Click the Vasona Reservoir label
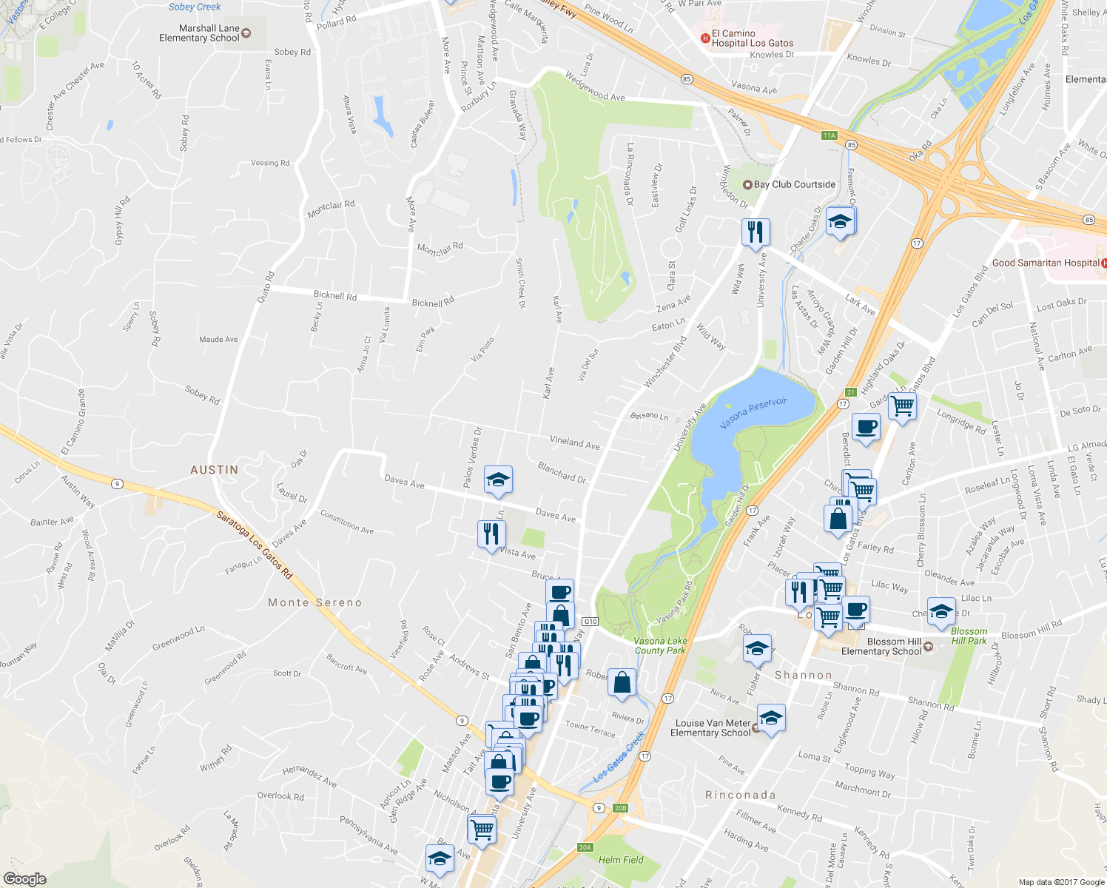(x=753, y=413)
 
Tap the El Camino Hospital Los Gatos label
(x=752, y=38)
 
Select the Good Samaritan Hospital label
(x=1046, y=263)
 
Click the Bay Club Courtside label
(x=794, y=184)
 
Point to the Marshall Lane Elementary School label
(x=199, y=33)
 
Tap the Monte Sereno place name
(x=315, y=602)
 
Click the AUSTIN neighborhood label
(x=215, y=470)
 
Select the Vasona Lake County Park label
(x=660, y=646)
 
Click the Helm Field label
(x=621, y=860)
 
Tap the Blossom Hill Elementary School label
(x=881, y=647)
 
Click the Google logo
(x=24, y=878)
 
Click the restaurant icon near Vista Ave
(x=491, y=534)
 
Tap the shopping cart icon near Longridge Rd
(x=903, y=406)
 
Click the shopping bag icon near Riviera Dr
(x=622, y=683)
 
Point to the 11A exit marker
(x=829, y=135)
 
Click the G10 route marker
(x=590, y=622)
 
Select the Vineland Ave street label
(x=575, y=443)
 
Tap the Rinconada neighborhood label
(x=741, y=795)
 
